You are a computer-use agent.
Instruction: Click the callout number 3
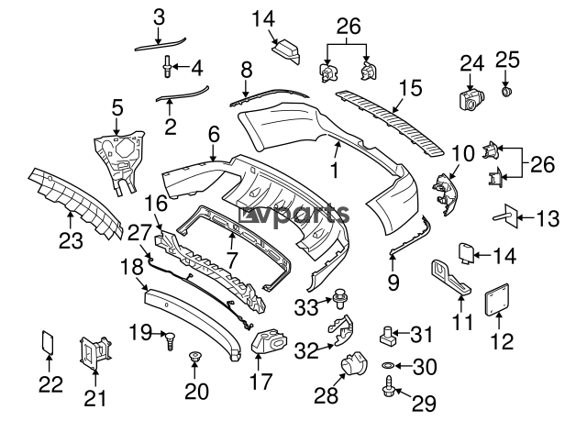159,18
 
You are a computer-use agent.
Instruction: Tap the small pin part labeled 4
167,67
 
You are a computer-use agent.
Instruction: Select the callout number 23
71,240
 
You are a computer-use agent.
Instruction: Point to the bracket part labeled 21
95,353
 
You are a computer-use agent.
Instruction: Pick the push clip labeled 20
194,356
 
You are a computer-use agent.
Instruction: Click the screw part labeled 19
171,340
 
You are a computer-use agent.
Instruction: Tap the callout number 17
260,382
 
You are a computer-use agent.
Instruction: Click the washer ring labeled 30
387,365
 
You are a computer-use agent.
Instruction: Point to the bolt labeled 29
388,387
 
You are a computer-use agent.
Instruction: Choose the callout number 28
327,395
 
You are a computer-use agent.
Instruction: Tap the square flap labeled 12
497,300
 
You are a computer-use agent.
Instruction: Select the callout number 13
548,218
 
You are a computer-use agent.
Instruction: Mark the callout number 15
410,88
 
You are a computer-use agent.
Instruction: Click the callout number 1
334,170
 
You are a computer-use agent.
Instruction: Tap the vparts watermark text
294,215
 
